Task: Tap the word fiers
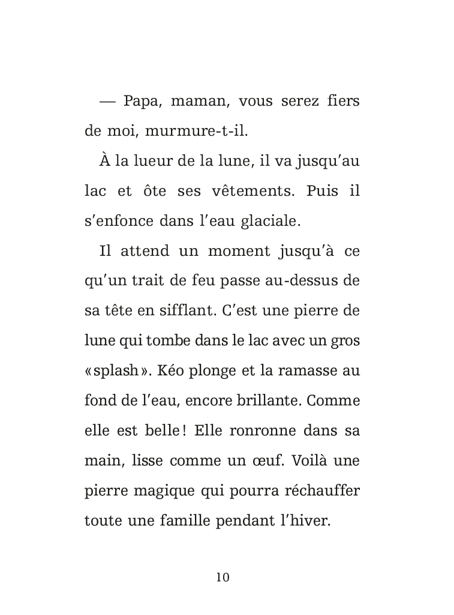pos(344,101)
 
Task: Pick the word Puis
pos(322,191)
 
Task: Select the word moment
pos(236,251)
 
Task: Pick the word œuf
pos(275,461)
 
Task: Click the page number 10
pos(223,577)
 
